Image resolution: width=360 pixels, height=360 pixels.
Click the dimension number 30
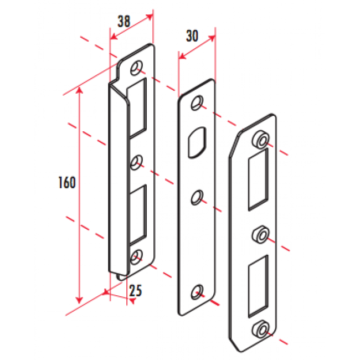[x=192, y=36]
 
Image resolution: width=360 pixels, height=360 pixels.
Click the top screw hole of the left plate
[x=136, y=68]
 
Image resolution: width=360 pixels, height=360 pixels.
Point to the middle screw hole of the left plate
[x=136, y=162]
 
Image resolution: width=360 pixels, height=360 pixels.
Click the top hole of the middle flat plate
[x=197, y=104]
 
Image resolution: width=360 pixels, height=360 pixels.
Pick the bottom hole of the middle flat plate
[x=197, y=292]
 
